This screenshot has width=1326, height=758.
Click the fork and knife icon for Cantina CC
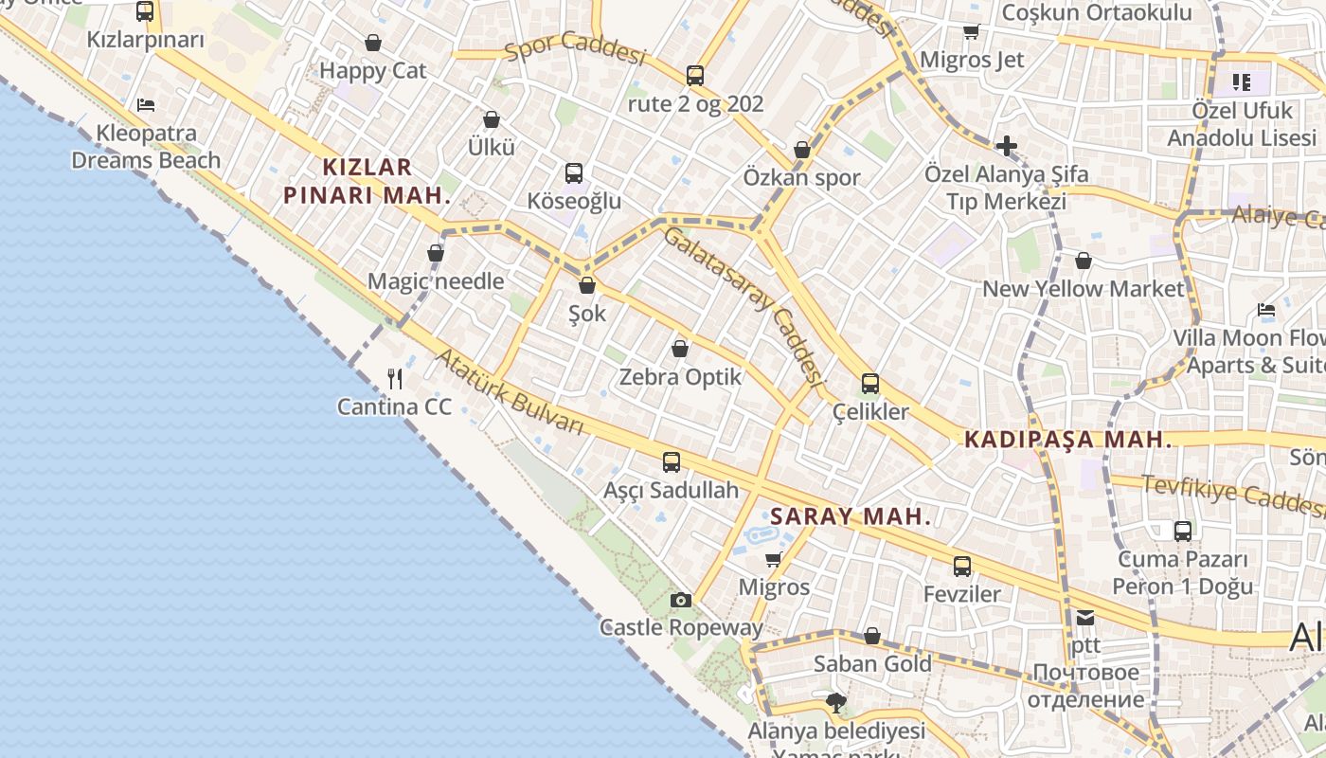click(x=396, y=379)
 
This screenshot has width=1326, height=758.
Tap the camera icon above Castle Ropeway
click(x=680, y=600)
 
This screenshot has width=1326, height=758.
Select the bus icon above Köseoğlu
click(x=574, y=173)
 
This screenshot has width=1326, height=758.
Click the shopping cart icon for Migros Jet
click(x=971, y=32)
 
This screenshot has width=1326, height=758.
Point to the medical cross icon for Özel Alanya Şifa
click(x=1006, y=146)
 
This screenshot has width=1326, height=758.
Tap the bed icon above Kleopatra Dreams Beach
click(x=145, y=104)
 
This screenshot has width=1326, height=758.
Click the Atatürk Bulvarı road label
click(x=509, y=391)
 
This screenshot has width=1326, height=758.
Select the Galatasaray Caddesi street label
click(x=741, y=303)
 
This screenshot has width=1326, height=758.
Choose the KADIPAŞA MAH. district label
click(x=1067, y=440)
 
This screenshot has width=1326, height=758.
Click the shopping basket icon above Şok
click(x=587, y=285)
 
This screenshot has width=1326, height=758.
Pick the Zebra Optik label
click(x=680, y=377)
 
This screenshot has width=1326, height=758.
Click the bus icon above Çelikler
click(x=870, y=384)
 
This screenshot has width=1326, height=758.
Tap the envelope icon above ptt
click(x=1085, y=618)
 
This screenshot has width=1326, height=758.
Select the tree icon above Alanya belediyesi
click(x=835, y=703)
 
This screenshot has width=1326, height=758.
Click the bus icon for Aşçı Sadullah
click(x=672, y=462)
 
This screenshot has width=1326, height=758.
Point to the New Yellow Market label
click(x=1084, y=289)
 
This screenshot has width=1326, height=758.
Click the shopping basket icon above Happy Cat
click(x=374, y=43)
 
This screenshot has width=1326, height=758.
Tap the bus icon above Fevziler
click(x=962, y=567)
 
